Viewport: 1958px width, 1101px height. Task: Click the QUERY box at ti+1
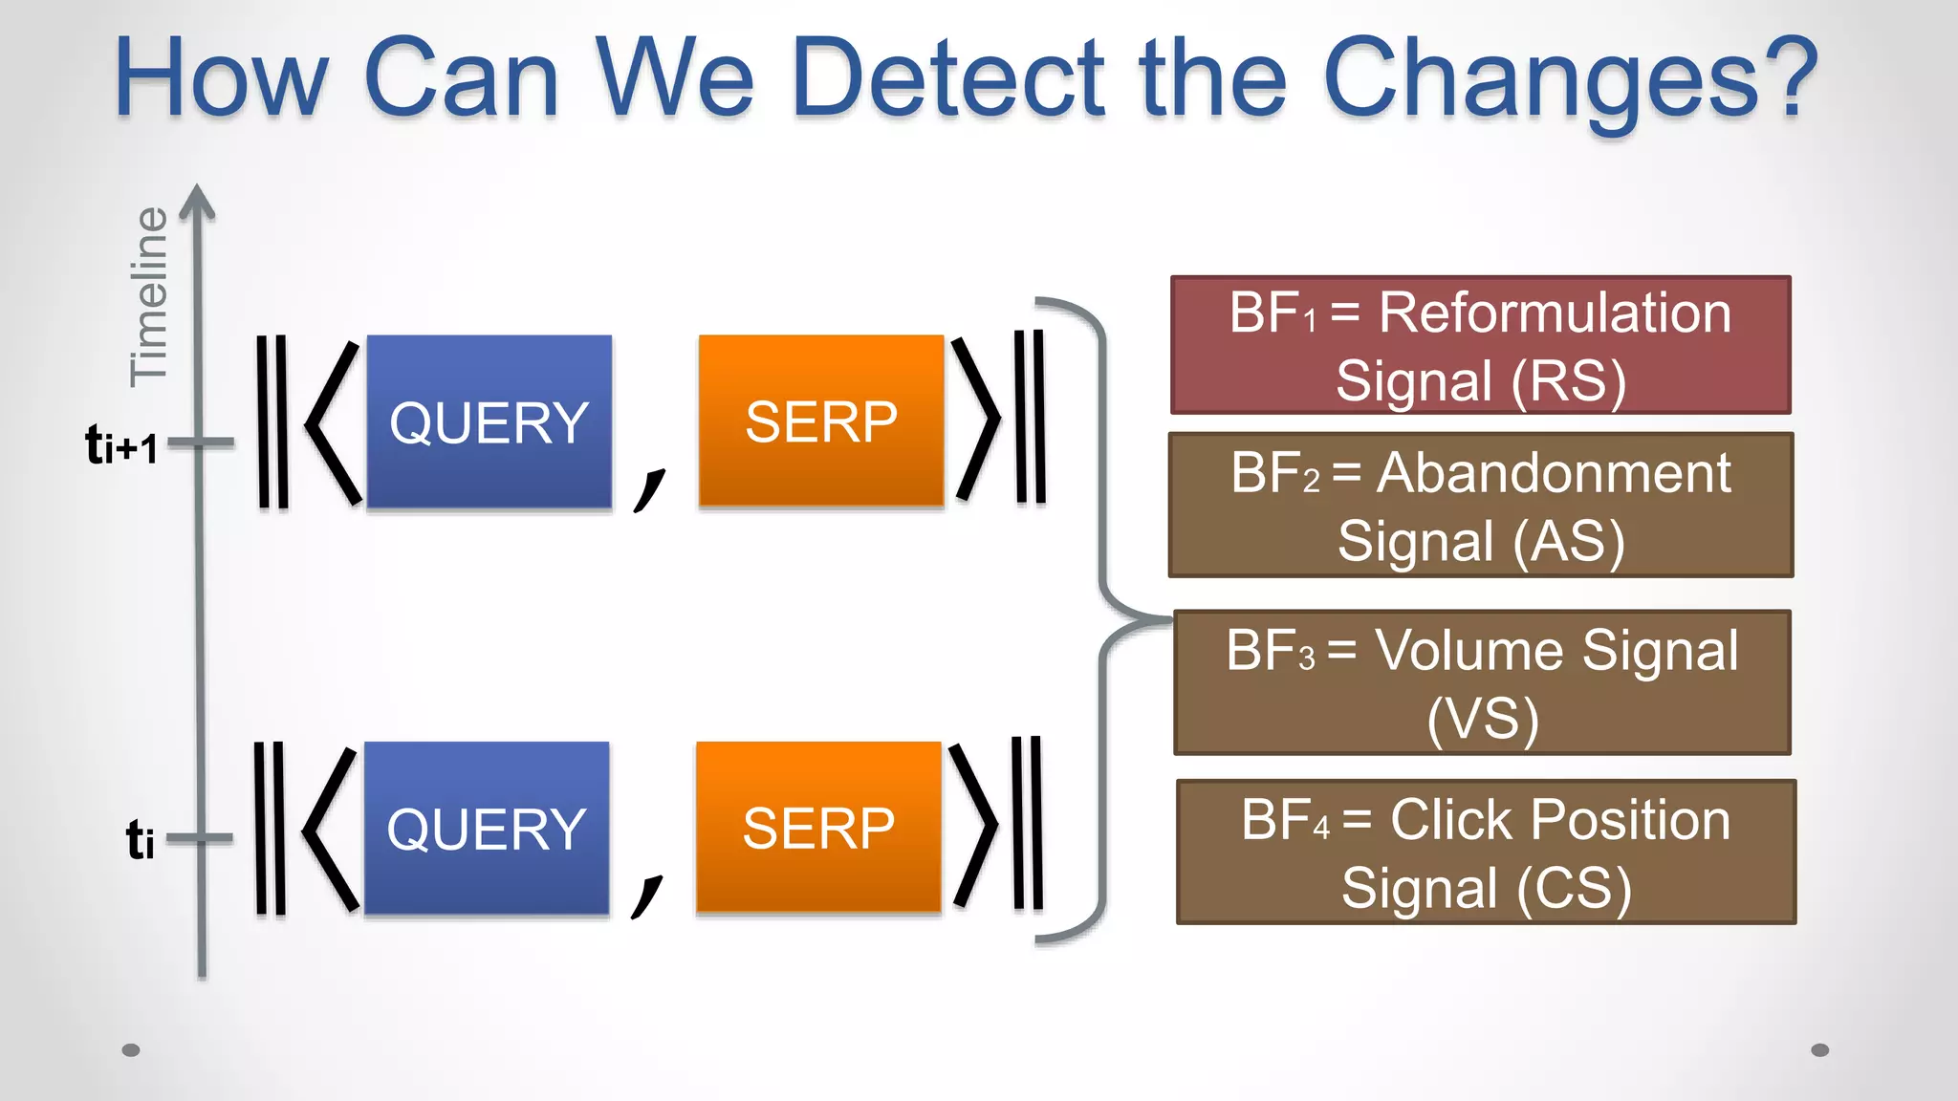489,421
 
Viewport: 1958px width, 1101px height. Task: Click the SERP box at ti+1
820,421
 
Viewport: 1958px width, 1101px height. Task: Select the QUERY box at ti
486,828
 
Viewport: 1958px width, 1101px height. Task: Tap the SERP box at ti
818,827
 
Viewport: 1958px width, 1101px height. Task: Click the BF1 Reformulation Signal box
1480,345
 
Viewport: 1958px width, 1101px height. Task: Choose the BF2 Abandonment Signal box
1480,505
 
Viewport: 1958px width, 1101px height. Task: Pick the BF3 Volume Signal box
1482,682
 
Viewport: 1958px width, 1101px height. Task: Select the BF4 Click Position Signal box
1486,852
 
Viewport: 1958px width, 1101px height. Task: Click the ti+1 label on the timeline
121,445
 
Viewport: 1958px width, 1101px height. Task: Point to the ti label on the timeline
140,840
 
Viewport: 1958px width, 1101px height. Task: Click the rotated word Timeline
149,296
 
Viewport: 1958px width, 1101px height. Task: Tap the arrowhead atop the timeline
197,201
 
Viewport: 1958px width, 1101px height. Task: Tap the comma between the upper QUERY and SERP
649,488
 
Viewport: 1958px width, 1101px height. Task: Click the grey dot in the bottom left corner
132,1049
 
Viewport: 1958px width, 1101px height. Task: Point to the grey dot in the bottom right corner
1819,1049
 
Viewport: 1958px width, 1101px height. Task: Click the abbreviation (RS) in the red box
1568,381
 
